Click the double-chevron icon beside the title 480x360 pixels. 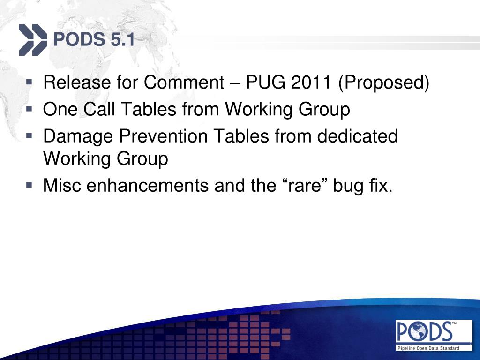click(33, 40)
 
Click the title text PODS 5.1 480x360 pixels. click(94, 40)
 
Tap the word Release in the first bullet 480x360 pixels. click(77, 82)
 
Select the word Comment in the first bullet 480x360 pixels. click(184, 82)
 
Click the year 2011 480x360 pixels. click(311, 82)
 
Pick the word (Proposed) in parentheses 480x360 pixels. click(383, 82)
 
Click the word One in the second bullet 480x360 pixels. click(60, 109)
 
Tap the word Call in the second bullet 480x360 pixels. click(99, 109)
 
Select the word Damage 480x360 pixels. click(78, 136)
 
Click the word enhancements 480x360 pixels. click(148, 186)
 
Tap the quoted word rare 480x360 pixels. click(304, 186)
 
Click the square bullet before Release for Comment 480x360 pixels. click(29, 82)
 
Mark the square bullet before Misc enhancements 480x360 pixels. click(29, 185)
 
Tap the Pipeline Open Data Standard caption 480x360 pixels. click(428, 348)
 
